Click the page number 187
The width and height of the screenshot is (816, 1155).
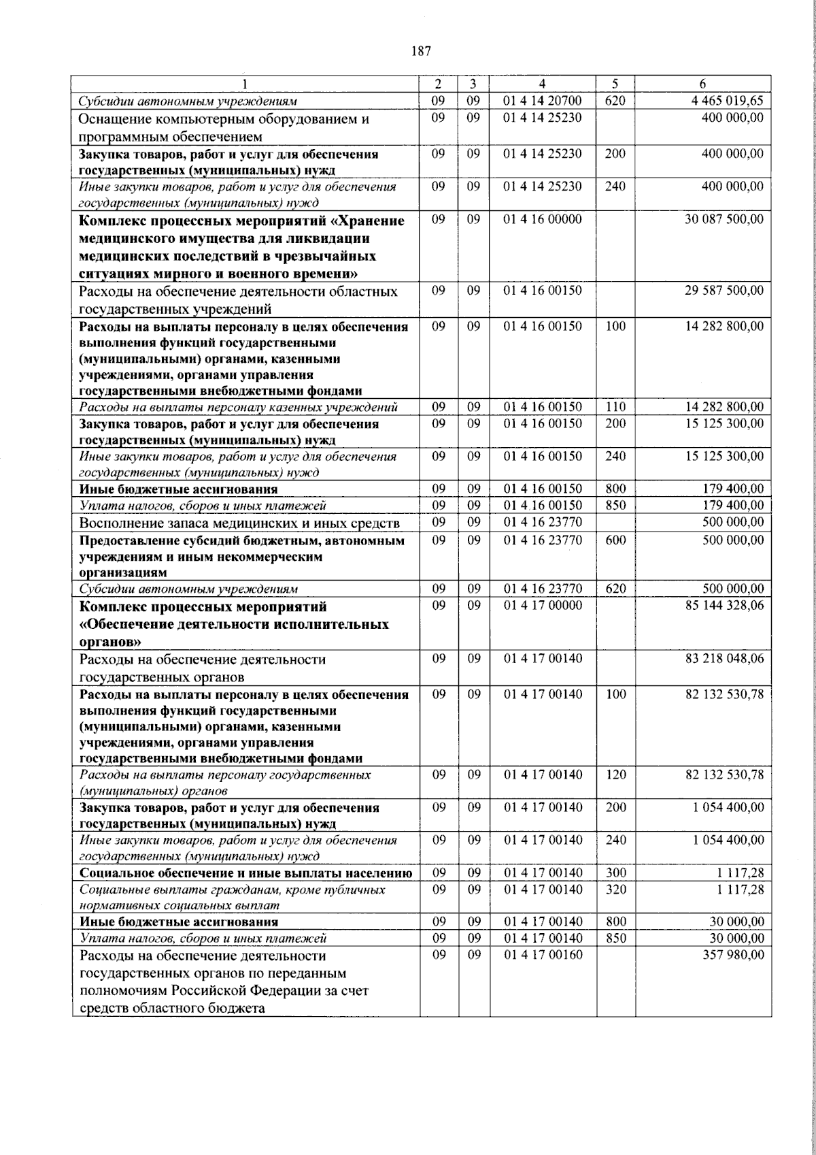[x=422, y=51]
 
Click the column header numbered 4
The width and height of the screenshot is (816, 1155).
[x=543, y=84]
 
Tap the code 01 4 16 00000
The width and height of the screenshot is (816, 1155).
[x=543, y=220]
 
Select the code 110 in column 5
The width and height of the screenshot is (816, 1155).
[x=615, y=407]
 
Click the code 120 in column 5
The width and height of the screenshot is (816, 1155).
[x=615, y=775]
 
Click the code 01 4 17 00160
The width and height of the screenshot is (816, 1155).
[x=543, y=955]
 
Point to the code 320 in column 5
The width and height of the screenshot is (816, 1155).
[x=615, y=890]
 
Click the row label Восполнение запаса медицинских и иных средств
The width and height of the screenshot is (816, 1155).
[x=239, y=523]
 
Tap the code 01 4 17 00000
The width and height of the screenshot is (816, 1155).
[x=543, y=605]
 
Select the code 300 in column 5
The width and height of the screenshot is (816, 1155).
[x=615, y=873]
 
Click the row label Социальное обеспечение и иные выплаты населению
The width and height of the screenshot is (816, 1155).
[x=245, y=873]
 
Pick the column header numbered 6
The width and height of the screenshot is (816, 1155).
[x=702, y=84]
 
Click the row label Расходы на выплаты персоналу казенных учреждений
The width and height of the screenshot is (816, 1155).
[x=238, y=408]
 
